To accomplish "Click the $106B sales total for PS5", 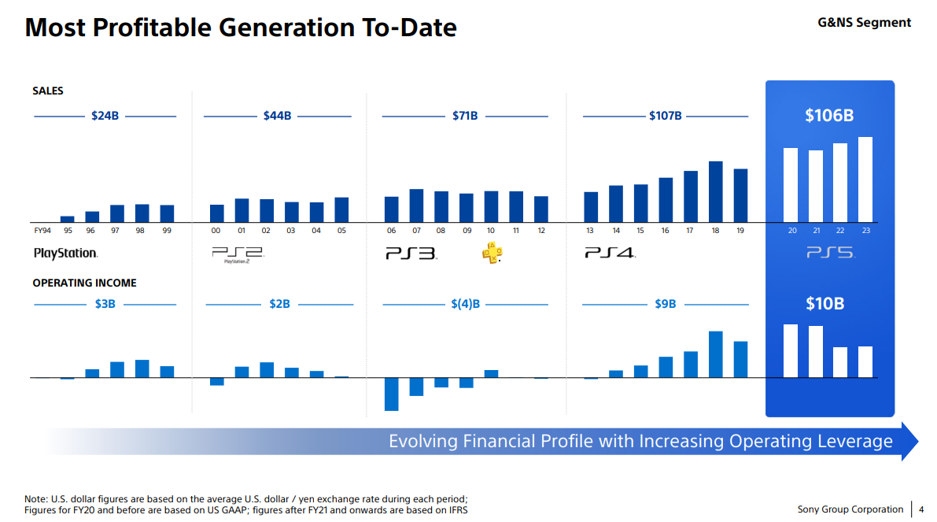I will point(829,116).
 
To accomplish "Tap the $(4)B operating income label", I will point(465,303).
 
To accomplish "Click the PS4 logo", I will point(609,254).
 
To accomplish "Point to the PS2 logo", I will point(237,254).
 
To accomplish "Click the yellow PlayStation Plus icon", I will point(492,253).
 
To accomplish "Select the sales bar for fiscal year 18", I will point(715,191).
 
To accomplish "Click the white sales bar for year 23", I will point(865,179).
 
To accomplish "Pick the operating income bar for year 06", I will point(391,394).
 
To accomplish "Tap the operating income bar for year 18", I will point(715,354).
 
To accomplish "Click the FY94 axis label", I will point(42,231).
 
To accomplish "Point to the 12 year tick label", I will point(541,231).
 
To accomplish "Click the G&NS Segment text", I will point(864,23).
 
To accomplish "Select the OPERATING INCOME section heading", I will point(84,283).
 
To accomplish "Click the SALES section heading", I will point(48,91).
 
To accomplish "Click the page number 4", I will point(921,509).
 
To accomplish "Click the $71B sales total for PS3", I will point(465,116).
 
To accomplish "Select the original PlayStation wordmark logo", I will point(65,254).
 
